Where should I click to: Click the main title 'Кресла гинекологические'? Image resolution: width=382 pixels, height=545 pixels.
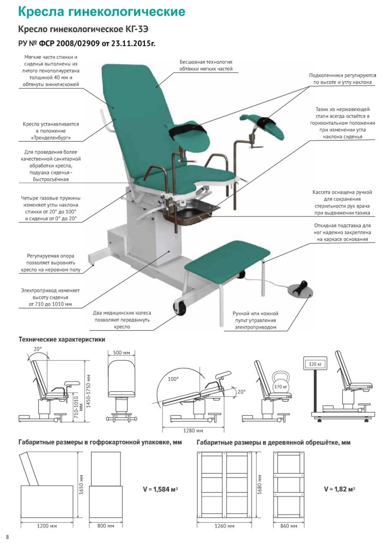coord(101,11)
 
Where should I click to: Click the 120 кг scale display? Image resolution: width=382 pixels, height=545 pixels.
coord(315,364)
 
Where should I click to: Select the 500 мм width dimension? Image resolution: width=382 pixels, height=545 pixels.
coord(122,353)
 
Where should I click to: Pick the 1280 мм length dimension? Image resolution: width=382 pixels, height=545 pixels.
coord(193,431)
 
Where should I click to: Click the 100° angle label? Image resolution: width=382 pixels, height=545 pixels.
coord(173,379)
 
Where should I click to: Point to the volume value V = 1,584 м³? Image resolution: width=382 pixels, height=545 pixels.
coord(161,489)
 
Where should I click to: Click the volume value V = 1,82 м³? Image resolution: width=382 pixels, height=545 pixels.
coord(339,489)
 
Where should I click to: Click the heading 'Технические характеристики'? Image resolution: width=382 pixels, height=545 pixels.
coord(62,340)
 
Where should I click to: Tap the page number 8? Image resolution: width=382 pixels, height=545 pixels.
coord(7,537)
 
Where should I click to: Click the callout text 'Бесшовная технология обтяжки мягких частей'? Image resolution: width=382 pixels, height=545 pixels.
coord(206,65)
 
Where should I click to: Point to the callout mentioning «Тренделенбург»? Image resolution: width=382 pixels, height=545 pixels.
coord(51,131)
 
